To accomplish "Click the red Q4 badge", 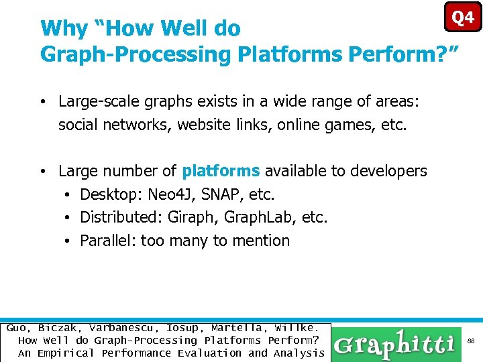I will click(x=463, y=17).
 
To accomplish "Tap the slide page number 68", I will click(x=471, y=341).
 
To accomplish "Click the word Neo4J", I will click(x=172, y=194).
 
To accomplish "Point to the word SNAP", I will click(x=223, y=194).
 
